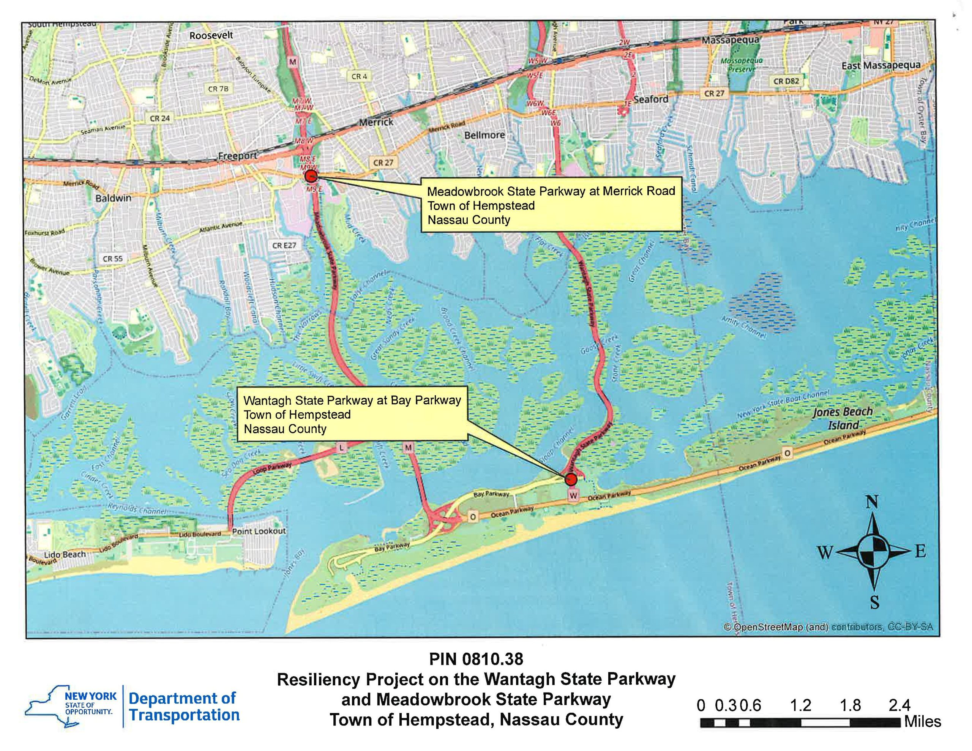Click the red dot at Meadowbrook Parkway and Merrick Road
coord(311,176)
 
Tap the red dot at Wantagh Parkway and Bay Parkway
coord(571,480)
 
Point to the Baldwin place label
coord(114,198)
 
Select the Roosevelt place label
coord(211,35)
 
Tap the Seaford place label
coord(651,99)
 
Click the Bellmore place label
coord(484,135)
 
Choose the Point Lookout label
coord(259,531)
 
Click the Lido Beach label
coord(65,554)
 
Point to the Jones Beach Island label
coord(843,418)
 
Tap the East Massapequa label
coord(881,65)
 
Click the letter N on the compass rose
coord(872,503)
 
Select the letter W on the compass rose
coord(825,553)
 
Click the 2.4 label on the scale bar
coord(899,705)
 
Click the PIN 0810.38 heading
coord(476,659)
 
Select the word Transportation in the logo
coord(184,715)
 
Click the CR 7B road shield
coord(218,89)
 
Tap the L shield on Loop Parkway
coord(341,448)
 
